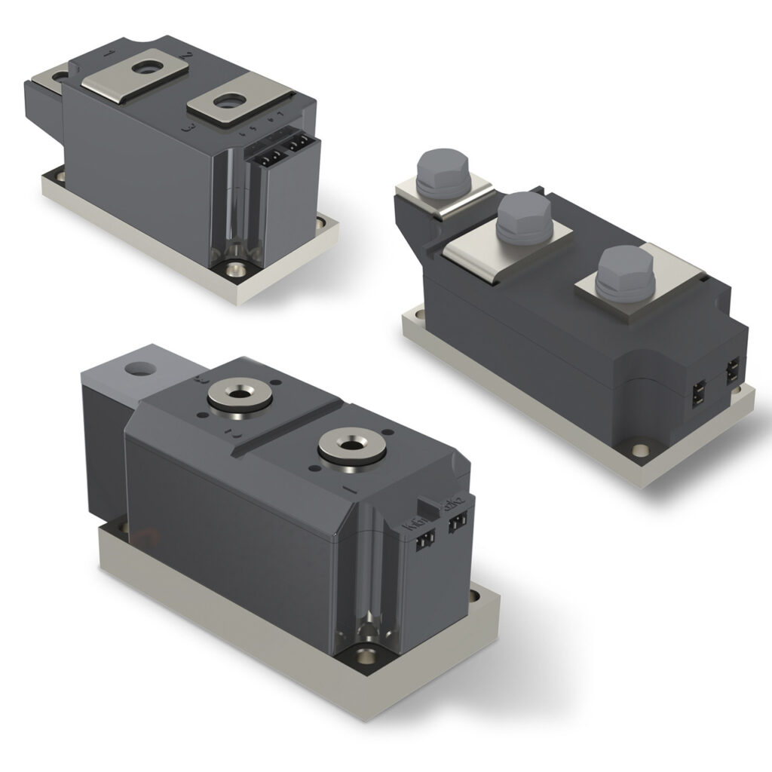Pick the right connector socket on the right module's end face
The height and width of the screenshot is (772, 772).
click(x=731, y=372)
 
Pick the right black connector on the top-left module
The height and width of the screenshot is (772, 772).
click(x=298, y=142)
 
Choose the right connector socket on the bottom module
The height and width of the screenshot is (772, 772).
click(x=456, y=525)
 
